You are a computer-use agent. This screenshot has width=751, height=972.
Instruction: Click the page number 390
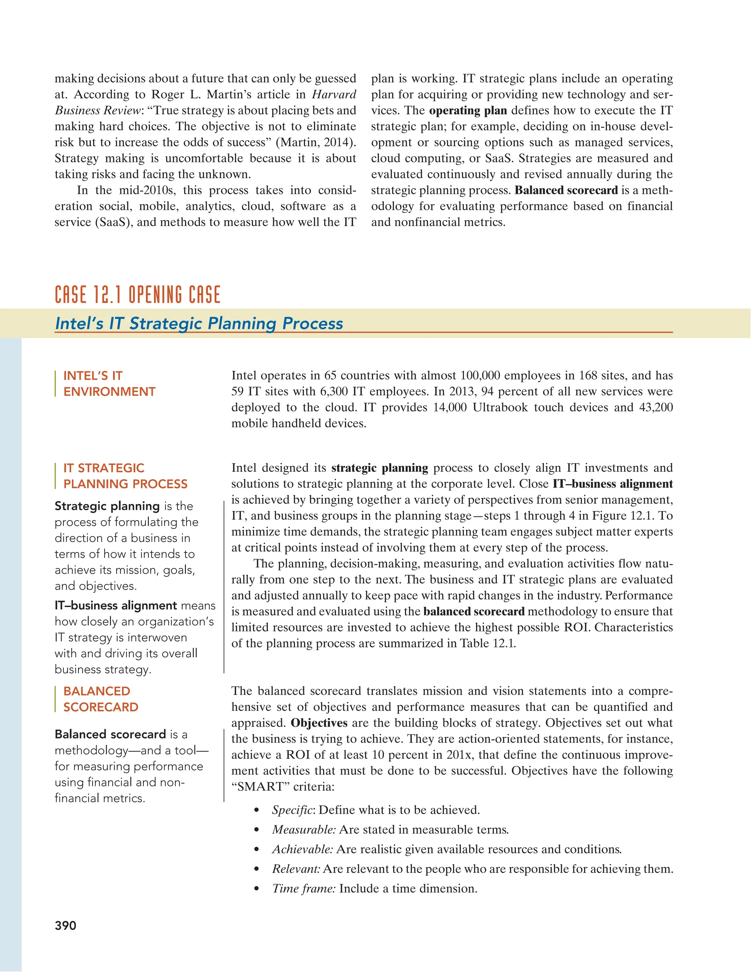[x=65, y=926]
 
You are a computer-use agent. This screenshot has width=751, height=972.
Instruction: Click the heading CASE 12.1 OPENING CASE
[x=138, y=295]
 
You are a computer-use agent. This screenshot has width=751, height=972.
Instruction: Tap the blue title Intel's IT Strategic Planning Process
[x=199, y=323]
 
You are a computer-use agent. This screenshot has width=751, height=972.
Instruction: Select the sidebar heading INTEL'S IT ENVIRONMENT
[x=109, y=384]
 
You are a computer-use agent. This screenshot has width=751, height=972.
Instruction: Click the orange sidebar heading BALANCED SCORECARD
[x=100, y=699]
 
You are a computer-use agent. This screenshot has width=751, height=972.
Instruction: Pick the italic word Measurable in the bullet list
[x=304, y=830]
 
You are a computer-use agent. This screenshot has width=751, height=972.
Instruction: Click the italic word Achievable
[x=303, y=849]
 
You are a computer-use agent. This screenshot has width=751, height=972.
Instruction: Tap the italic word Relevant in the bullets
[x=296, y=869]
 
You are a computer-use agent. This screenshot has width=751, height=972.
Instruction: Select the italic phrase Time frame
[x=304, y=888]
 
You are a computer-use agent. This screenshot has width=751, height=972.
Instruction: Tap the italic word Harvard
[x=334, y=94]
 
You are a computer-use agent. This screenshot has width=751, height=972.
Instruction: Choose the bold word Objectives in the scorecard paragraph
[x=319, y=723]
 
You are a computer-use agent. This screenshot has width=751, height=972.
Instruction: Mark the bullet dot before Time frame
[x=256, y=889]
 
